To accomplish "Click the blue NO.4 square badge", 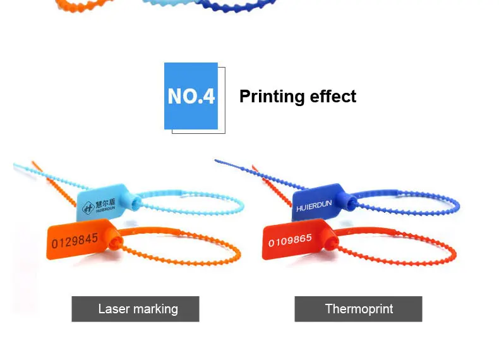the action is tap(191, 96).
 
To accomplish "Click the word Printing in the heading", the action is tap(268, 97).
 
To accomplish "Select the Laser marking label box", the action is tap(136, 309).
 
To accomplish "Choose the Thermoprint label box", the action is tap(358, 309).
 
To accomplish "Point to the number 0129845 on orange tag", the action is tap(75, 241).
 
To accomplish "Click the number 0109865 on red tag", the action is tap(290, 240).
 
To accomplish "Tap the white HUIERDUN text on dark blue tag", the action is tap(314, 206).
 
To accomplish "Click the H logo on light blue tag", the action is tap(88, 208).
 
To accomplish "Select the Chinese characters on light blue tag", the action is tap(105, 203).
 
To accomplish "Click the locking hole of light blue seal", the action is tap(137, 202).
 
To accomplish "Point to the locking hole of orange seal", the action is tap(114, 244).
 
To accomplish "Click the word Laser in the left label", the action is tap(114, 309).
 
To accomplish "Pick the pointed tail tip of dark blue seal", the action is tap(216, 160).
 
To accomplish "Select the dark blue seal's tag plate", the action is tap(316, 202).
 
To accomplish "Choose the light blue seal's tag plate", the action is tap(102, 202).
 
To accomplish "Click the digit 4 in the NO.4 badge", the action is tap(209, 96).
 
